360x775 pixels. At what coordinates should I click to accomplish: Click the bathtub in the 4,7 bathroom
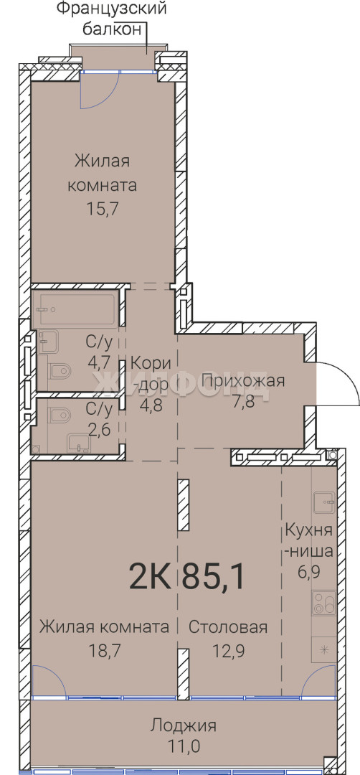pyautogui.click(x=78, y=309)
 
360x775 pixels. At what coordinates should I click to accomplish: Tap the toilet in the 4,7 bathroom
pyautogui.click(x=60, y=370)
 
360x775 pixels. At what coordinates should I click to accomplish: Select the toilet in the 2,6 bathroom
pyautogui.click(x=60, y=414)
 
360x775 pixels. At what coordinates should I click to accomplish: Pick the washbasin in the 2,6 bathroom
pyautogui.click(x=78, y=443)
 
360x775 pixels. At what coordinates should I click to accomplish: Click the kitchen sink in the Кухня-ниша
pyautogui.click(x=324, y=502)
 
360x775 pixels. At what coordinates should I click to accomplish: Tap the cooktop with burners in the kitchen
pyautogui.click(x=324, y=603)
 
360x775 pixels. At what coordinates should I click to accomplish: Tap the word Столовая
pyautogui.click(x=228, y=627)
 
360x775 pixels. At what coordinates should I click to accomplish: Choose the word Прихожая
pyautogui.click(x=243, y=380)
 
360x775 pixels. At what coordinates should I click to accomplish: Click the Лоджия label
pyautogui.click(x=184, y=725)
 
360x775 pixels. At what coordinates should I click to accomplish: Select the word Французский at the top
pyautogui.click(x=111, y=9)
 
